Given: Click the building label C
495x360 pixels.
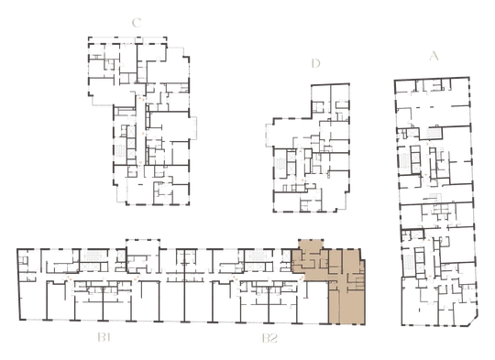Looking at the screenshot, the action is (137, 23).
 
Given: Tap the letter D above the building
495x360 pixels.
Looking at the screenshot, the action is (315, 63).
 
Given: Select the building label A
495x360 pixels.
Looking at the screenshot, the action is (434, 56).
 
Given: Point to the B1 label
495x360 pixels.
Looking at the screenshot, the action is (104, 338).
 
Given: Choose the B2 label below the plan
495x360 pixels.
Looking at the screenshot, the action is (269, 338).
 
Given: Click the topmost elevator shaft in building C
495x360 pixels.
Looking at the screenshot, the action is (131, 130).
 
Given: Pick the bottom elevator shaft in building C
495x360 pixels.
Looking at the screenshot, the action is (131, 154).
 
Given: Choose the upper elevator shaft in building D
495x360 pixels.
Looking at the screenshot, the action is (291, 156).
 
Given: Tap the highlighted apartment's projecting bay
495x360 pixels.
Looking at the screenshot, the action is (311, 245).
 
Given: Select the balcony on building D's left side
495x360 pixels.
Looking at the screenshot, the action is (269, 135).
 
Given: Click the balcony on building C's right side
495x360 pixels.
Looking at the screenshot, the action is (192, 127).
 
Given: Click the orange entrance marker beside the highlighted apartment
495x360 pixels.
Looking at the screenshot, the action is (302, 278).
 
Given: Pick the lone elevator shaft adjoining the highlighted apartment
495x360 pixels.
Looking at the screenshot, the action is (286, 256).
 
